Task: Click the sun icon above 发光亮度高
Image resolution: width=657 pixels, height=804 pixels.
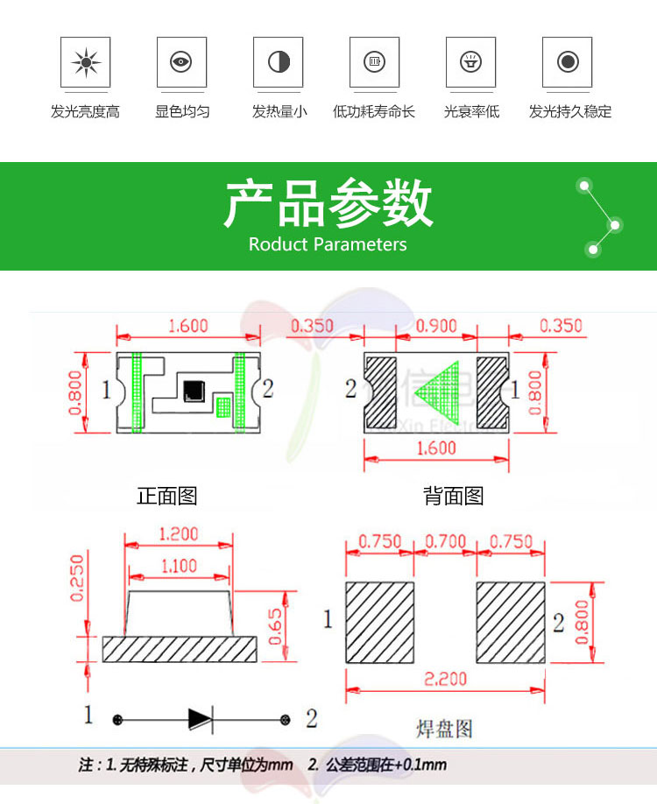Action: point(85,62)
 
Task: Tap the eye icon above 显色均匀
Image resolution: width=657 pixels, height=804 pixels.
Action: point(181,62)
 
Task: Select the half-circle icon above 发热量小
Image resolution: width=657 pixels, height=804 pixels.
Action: point(279,62)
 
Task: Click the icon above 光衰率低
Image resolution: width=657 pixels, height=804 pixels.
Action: point(471,62)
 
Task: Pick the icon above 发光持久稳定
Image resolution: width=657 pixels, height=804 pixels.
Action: point(568,62)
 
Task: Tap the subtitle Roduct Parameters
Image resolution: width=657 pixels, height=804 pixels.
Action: point(328,244)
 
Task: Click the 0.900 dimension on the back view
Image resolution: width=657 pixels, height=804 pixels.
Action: point(436,326)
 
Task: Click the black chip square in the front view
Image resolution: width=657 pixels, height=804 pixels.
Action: point(192,391)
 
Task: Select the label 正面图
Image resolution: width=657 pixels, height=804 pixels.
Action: point(166,496)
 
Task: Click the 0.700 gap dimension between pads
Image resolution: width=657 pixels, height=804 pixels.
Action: point(445,542)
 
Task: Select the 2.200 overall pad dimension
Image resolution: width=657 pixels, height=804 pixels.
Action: point(445,678)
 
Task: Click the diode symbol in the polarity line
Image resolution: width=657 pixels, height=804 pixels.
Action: point(201,719)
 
